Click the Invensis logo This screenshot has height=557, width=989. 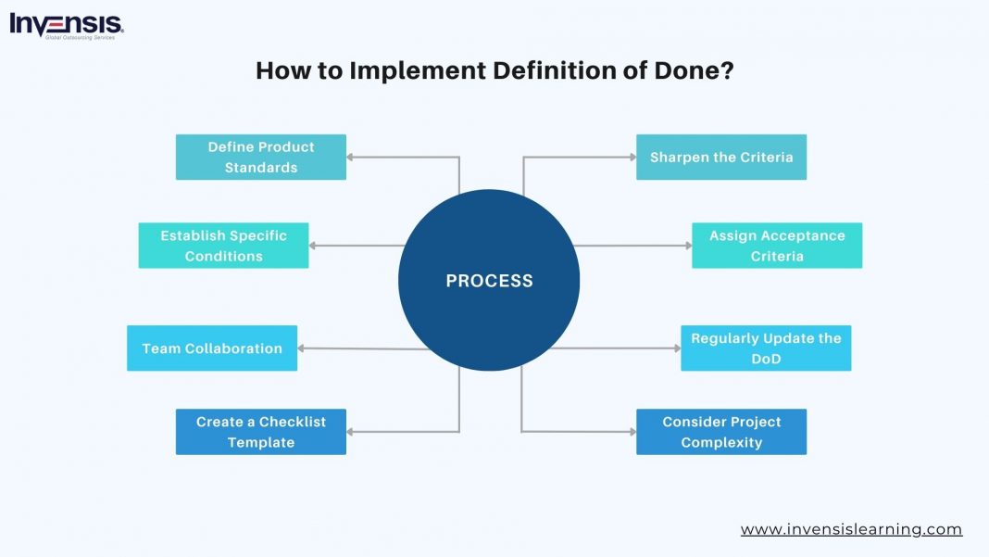tap(66, 25)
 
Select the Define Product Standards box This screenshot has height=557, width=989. tap(261, 158)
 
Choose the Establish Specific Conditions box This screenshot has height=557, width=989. tap(223, 246)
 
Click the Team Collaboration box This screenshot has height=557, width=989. tap(212, 348)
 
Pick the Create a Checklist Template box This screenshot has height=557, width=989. tap(261, 432)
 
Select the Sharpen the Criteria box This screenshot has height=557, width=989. tap(721, 158)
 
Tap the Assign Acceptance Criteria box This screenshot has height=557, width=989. tap(777, 246)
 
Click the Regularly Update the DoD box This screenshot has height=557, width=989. tap(766, 348)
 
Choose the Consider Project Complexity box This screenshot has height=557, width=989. tap(721, 432)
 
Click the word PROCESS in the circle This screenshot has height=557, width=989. tap(489, 281)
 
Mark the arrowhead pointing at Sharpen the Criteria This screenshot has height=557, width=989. tap(631, 158)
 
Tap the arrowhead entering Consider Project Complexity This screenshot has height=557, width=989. tap(631, 432)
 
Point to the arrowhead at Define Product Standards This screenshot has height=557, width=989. tap(352, 158)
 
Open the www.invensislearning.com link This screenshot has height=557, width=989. tap(851, 530)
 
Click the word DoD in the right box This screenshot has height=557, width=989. tap(766, 359)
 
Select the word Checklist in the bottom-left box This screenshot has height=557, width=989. tap(292, 422)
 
